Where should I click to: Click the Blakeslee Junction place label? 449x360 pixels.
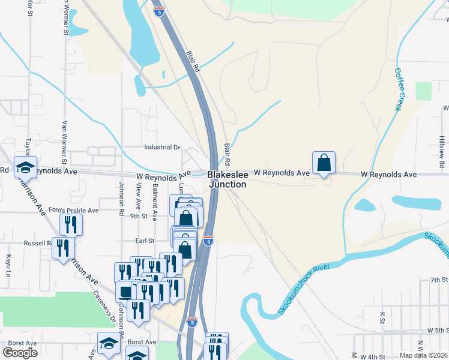click(227, 179)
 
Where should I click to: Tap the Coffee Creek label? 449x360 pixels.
click(400, 89)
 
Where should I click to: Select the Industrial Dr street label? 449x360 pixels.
click(162, 147)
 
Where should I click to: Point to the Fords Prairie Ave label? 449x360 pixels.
click(74, 211)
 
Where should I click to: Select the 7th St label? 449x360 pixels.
click(439, 280)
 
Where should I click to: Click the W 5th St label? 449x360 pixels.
click(438, 331)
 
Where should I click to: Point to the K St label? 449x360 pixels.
click(382, 316)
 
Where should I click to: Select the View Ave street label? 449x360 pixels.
click(139, 196)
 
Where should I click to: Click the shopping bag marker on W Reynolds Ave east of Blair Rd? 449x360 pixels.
click(324, 163)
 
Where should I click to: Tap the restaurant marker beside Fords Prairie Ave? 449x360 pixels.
click(71, 225)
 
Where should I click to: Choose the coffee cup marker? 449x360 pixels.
click(125, 292)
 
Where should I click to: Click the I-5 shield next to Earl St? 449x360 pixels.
click(208, 241)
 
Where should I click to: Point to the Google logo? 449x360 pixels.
click(20, 353)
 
